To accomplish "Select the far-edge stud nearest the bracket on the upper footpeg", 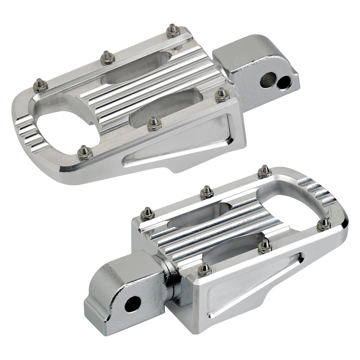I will coord(173,31).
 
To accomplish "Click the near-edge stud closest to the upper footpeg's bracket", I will coord(222,95).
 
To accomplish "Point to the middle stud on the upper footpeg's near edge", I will coord(154,124).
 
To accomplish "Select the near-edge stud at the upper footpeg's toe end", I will coord(84,152).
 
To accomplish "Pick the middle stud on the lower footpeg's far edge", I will coord(206,192).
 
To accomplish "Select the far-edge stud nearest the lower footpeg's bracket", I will coord(147,214).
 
